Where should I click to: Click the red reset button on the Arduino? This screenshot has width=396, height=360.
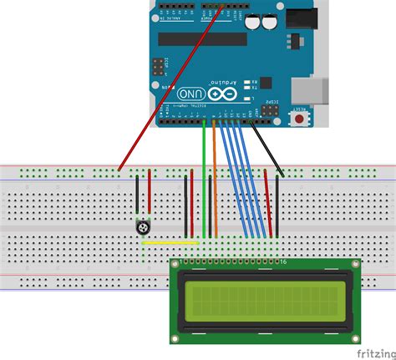pos(299,119)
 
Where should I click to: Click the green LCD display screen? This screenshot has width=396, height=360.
pos(265,302)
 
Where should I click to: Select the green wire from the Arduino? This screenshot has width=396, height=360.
pos(205,180)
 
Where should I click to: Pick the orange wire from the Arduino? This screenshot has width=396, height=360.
pos(215,180)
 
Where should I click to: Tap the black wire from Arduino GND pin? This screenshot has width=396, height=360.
pos(267,147)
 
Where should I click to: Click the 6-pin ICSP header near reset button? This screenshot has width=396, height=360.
pos(271,109)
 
